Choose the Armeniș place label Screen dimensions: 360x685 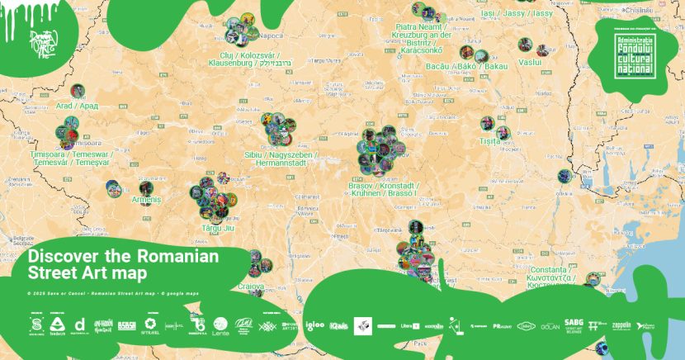click(x=146, y=200)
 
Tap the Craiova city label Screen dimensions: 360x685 click(x=250, y=287)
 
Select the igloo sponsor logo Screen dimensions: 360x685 click(x=314, y=325)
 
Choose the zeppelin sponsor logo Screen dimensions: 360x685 click(x=621, y=325)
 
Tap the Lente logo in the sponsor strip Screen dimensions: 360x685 click(x=220, y=325)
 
